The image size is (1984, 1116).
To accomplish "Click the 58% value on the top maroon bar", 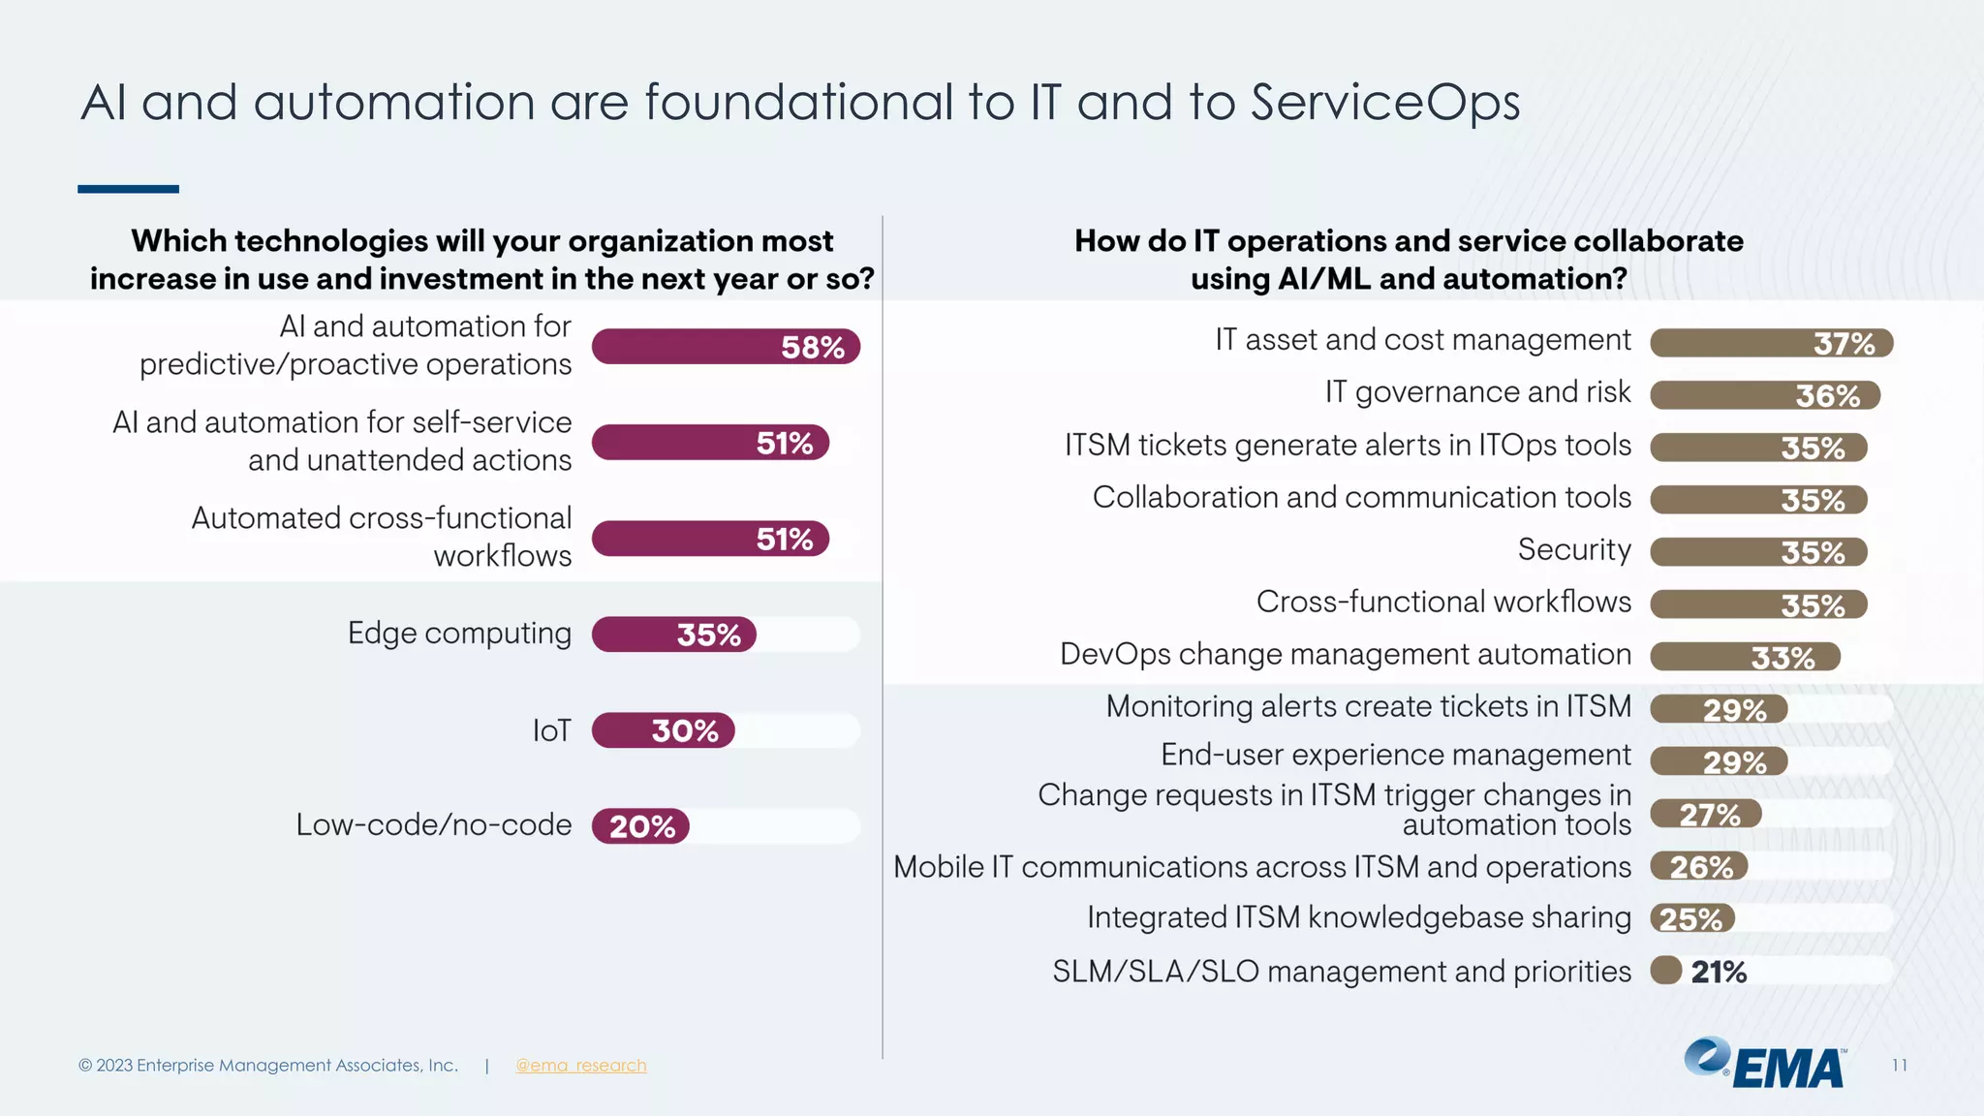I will (813, 347).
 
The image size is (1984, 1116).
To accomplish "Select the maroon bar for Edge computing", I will (674, 635).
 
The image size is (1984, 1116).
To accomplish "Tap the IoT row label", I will (551, 730).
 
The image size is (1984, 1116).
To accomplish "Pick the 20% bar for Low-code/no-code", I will (640, 826).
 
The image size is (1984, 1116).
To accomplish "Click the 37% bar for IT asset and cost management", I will (1771, 343).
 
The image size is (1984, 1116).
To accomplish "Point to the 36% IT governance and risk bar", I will (1764, 395).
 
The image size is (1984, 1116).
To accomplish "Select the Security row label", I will (1574, 549).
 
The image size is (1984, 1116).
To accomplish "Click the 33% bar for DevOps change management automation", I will (1744, 657).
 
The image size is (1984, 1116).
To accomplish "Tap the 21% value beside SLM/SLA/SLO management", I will (1718, 972).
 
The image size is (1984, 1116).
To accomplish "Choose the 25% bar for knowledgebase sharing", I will (1691, 918).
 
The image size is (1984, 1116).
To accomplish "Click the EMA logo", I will (1765, 1064).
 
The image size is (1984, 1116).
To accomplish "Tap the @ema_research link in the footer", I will (580, 1066).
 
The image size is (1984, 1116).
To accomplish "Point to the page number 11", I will (1899, 1066).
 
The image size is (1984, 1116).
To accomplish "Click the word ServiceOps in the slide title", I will (1385, 103).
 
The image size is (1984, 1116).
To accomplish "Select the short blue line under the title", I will (128, 189).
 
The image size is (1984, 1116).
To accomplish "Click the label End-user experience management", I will (1395, 755).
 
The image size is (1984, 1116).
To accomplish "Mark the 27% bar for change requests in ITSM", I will (1705, 814).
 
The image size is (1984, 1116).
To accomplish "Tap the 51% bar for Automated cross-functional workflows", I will (710, 539).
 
